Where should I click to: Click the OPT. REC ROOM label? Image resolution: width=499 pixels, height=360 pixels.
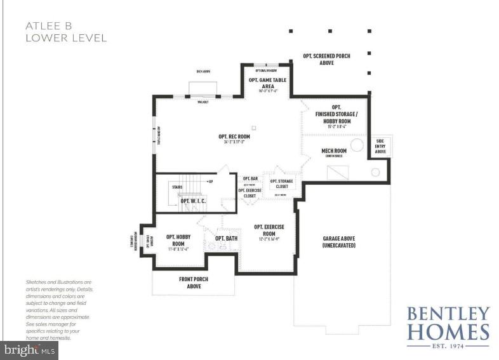pyautogui.click(x=234, y=137)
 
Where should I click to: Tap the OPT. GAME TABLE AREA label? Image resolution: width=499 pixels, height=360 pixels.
pyautogui.click(x=267, y=83)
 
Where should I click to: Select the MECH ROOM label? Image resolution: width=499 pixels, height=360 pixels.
pyautogui.click(x=334, y=151)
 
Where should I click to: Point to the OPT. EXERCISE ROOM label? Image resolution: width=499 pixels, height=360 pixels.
pyautogui.click(x=269, y=230)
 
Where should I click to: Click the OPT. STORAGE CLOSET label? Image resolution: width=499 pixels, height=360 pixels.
pyautogui.click(x=282, y=183)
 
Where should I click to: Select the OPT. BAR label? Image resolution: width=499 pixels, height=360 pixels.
pyautogui.click(x=250, y=178)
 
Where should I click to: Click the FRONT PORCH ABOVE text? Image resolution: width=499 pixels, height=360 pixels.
pyautogui.click(x=193, y=283)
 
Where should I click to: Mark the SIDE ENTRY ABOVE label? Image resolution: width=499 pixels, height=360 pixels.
pyautogui.click(x=381, y=147)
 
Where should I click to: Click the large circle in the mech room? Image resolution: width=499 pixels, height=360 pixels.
pyautogui.click(x=357, y=145)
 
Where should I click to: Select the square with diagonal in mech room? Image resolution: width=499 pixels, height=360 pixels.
pyautogui.click(x=337, y=172)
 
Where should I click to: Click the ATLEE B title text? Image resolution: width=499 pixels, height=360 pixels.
pyautogui.click(x=48, y=26)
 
